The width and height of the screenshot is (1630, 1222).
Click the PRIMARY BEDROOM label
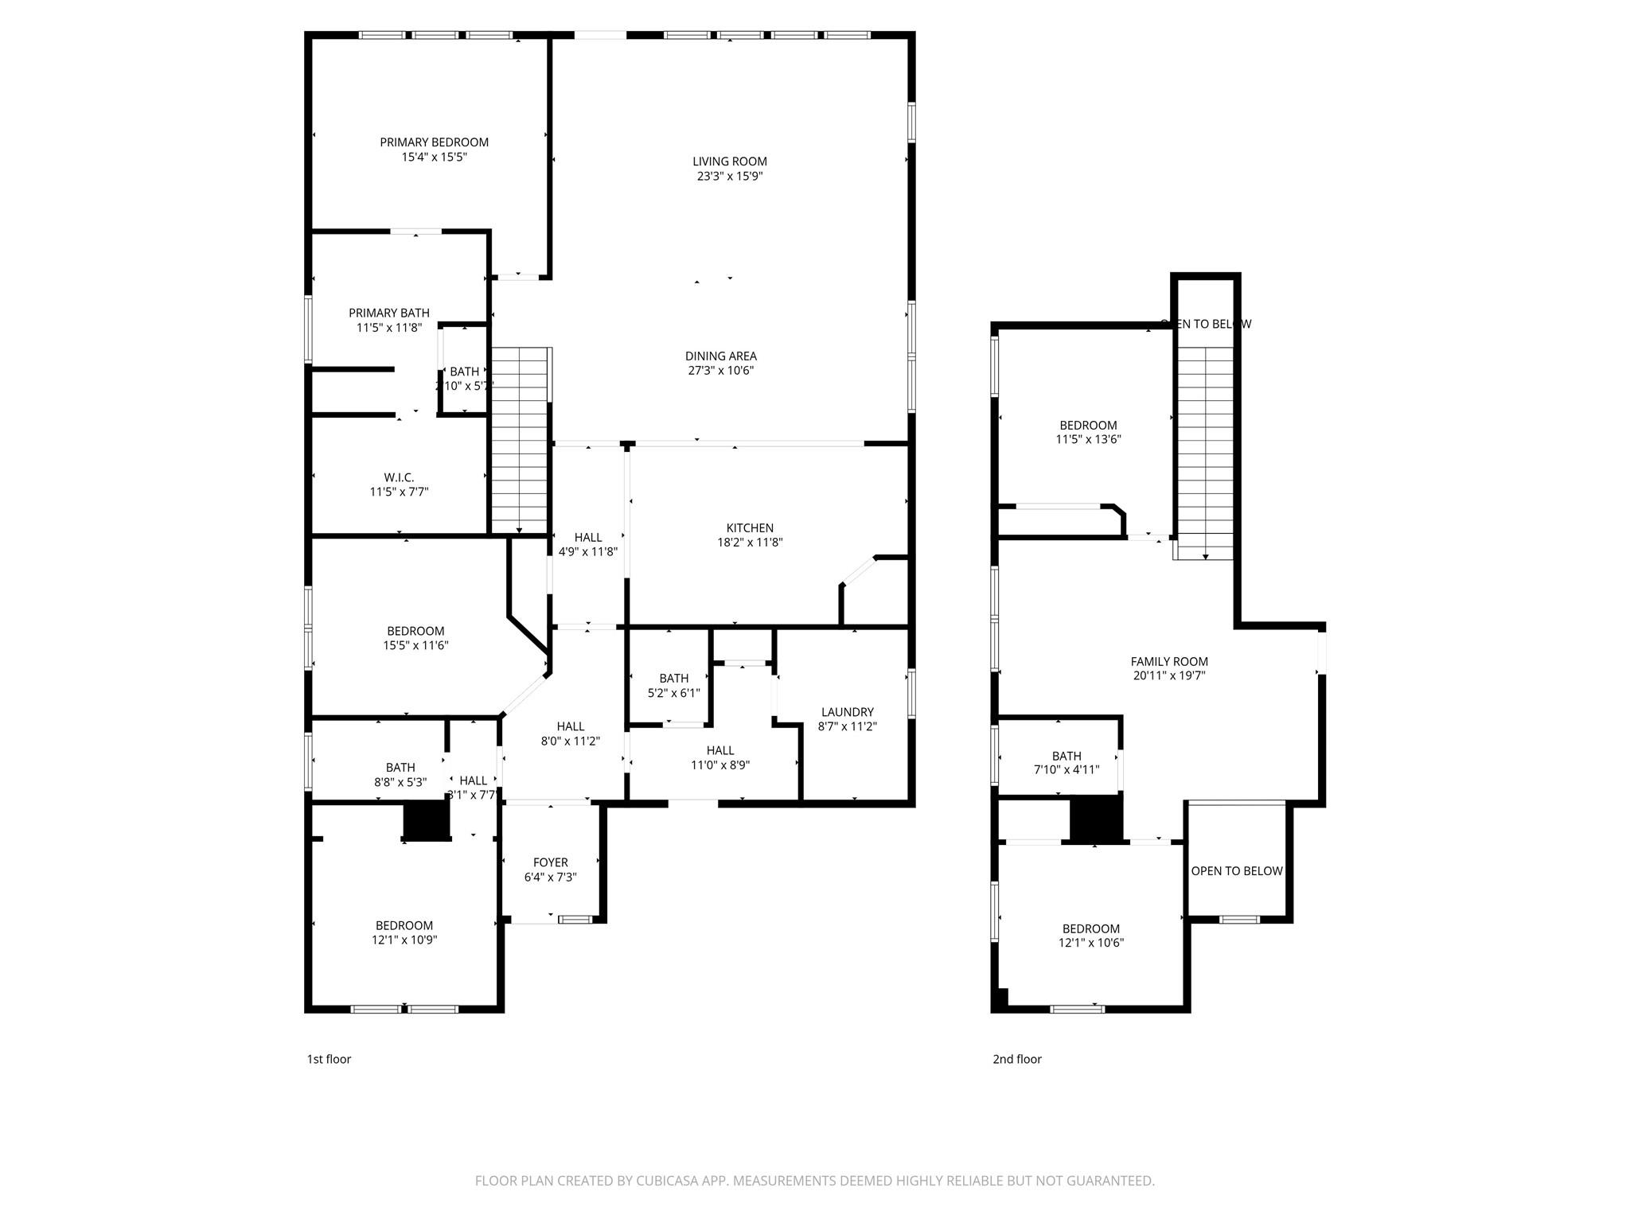tap(434, 142)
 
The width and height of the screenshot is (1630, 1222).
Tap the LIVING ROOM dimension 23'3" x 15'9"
tap(729, 177)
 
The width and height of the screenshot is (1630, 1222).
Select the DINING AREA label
tap(720, 356)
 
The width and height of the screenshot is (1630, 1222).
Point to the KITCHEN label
tap(749, 528)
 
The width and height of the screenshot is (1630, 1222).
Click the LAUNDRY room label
tap(847, 712)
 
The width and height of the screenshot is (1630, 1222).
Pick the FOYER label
tap(550, 862)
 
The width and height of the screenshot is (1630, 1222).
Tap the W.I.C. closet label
tap(399, 477)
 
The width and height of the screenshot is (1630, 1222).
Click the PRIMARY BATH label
tap(388, 313)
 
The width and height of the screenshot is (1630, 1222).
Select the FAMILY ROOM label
tap(1168, 662)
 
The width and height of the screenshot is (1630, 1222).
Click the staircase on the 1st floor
tap(520, 442)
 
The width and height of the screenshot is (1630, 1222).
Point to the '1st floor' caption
tap(329, 1059)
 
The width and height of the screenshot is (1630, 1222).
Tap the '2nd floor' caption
tap(1016, 1059)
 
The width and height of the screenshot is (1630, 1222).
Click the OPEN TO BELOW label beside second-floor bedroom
tap(1236, 871)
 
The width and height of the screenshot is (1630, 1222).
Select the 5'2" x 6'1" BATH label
tap(673, 686)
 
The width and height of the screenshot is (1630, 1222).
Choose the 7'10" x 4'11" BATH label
tap(1066, 763)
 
